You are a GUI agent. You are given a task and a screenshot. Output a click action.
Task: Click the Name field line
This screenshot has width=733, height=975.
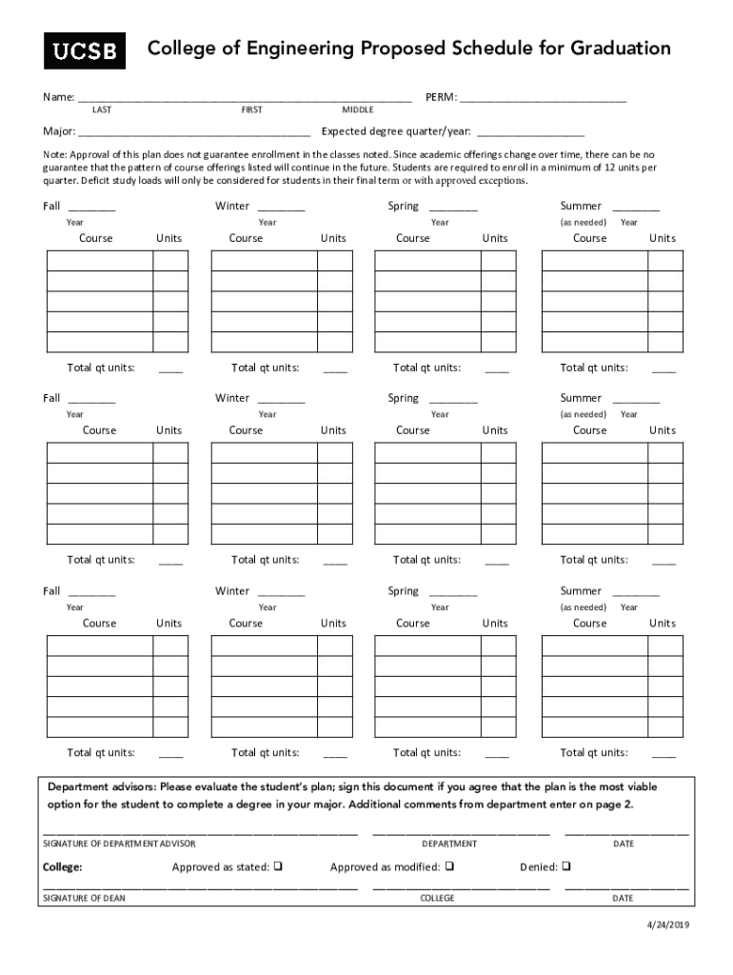click(x=245, y=98)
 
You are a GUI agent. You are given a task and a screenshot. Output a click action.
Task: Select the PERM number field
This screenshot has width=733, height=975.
click(x=543, y=98)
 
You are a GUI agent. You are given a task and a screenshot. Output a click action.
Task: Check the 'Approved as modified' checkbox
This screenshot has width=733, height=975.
click(x=448, y=866)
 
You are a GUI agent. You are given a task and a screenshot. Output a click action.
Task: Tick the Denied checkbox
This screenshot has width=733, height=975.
click(x=565, y=866)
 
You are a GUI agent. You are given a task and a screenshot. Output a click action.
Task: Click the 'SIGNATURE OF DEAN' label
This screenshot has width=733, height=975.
click(x=85, y=898)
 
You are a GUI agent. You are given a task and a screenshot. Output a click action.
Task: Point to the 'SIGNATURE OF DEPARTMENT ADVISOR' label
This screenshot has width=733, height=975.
click(x=120, y=844)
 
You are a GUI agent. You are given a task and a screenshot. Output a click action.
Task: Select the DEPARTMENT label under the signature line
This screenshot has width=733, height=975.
click(x=449, y=844)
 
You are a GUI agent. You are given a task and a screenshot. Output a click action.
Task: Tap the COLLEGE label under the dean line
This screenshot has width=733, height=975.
click(x=437, y=898)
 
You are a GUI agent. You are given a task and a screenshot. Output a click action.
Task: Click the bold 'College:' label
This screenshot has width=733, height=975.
click(x=63, y=867)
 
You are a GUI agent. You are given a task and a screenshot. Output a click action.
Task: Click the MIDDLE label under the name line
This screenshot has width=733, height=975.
click(x=358, y=110)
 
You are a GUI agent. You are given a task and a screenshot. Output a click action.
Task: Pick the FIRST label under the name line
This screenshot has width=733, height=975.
click(x=251, y=110)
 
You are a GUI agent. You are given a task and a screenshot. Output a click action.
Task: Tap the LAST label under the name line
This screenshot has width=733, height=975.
click(x=101, y=110)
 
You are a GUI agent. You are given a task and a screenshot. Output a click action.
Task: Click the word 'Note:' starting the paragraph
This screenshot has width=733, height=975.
click(x=55, y=154)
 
